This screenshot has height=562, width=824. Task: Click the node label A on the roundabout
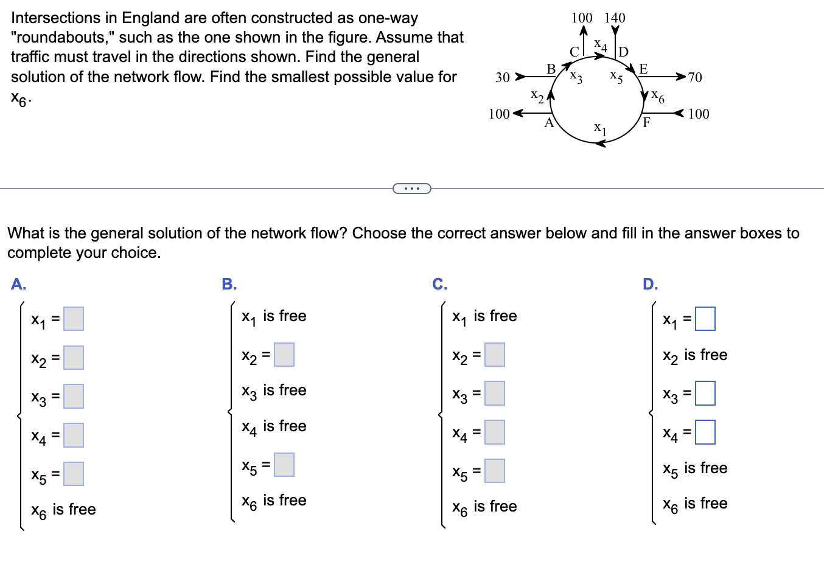coord(549,123)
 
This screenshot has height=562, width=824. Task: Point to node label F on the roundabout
coord(646,122)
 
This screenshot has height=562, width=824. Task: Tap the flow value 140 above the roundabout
coord(615,18)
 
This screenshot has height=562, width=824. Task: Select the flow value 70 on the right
coord(694,77)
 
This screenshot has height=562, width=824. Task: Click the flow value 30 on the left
coord(502,77)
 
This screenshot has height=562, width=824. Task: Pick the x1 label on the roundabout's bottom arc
coord(600,128)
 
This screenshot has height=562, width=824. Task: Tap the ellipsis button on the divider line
coord(412,189)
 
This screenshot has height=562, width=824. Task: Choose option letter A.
coord(19,284)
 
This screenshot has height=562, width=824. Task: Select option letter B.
coord(229,284)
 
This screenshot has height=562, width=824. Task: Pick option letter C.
coord(439,284)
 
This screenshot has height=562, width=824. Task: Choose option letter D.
coord(650,284)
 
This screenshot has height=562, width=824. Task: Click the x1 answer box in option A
coord(74,319)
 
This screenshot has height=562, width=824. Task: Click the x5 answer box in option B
coord(284,465)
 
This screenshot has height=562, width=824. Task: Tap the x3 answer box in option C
coord(495,394)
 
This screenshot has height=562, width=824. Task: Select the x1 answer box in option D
coord(705,319)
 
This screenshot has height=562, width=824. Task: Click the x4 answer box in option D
coord(705,432)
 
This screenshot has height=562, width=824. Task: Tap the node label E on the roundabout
coord(643,69)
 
